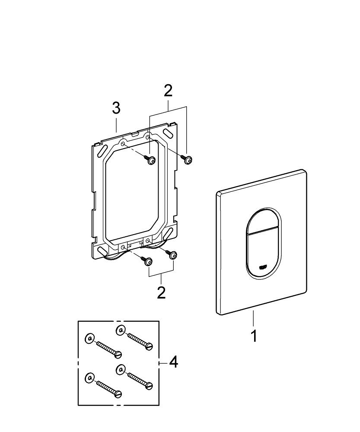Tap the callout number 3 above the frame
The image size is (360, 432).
(116, 108)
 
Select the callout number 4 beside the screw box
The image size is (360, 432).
(173, 362)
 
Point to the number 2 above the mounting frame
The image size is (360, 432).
(168, 90)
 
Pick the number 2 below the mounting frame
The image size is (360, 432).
(161, 292)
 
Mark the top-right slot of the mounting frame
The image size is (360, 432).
(167, 131)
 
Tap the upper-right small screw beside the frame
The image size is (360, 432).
(188, 160)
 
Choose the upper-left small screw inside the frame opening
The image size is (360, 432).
(151, 160)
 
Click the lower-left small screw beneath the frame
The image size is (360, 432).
(148, 261)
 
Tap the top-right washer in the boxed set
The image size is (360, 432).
(121, 330)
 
